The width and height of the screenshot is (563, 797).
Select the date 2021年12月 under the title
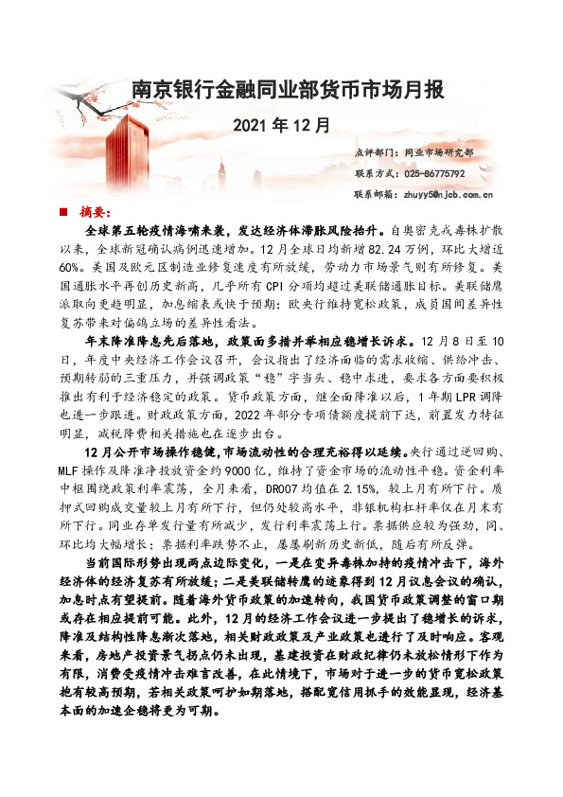click(281, 124)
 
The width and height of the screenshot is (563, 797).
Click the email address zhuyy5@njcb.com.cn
click(449, 195)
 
